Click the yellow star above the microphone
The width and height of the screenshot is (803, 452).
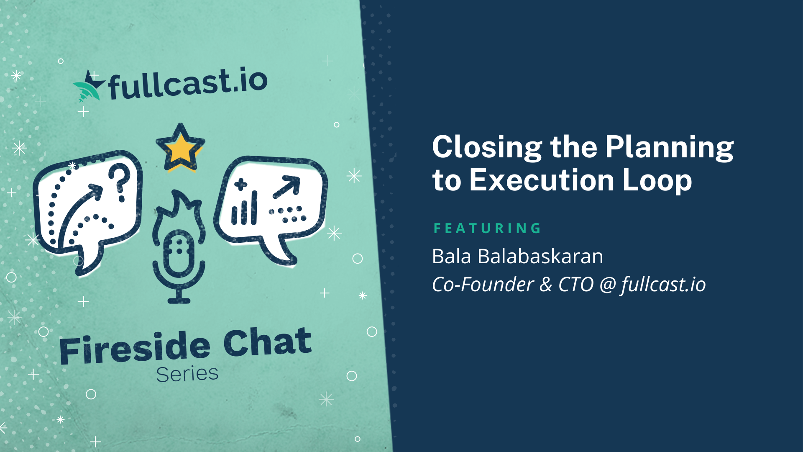click(180, 147)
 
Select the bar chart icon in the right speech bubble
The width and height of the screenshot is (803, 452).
click(244, 208)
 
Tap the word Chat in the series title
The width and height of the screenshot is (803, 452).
click(268, 342)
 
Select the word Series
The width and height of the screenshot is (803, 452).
click(187, 374)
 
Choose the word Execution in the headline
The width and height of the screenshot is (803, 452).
click(542, 180)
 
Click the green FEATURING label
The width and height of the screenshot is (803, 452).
click(487, 228)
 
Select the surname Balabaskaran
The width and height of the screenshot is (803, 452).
click(540, 256)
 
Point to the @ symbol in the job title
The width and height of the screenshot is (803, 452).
click(607, 285)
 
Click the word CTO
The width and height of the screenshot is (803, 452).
click(576, 285)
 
